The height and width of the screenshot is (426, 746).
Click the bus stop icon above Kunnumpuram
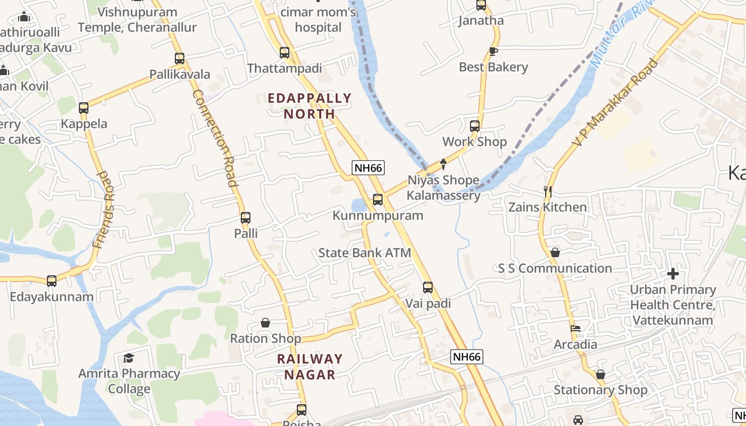[378, 200]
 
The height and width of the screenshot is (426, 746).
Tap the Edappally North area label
[310, 105]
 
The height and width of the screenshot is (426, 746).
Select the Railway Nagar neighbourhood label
[310, 366]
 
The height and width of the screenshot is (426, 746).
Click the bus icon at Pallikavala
[180, 59]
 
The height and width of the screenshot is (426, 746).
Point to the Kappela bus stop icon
[84, 108]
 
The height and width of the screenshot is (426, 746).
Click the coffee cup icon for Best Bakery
[493, 52]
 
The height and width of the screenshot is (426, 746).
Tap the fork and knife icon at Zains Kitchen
[547, 192]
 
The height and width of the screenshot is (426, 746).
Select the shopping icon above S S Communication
[555, 252]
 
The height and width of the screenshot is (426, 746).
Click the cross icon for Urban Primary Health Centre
[673, 274]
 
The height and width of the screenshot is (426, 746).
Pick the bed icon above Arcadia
[575, 329]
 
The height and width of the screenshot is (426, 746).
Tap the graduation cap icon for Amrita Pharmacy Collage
[128, 358]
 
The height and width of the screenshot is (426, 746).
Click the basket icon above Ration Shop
[265, 323]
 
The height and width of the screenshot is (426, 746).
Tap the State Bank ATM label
[364, 252]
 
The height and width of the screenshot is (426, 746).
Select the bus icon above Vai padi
[428, 288]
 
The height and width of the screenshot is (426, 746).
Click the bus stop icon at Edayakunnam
[52, 281]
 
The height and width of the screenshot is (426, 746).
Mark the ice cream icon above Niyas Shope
[443, 164]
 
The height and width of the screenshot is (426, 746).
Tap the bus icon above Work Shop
[475, 126]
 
